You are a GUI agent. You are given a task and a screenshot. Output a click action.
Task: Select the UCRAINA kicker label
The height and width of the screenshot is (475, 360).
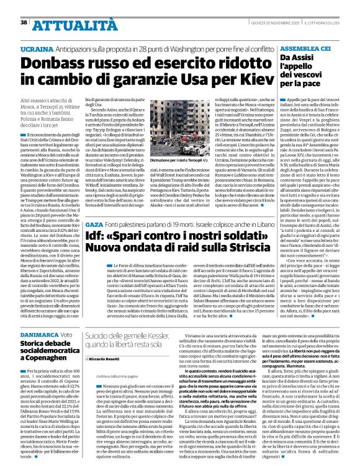(37, 48)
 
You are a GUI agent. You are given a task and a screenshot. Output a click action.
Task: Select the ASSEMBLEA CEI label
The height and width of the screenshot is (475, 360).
(304, 47)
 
